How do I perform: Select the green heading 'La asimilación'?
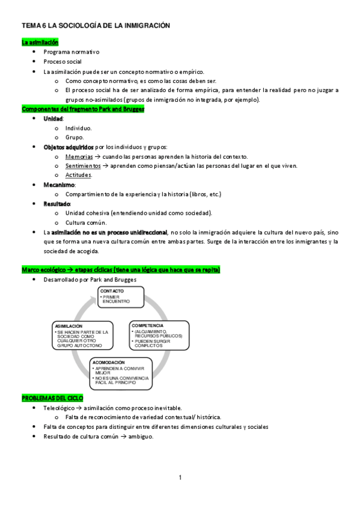click(40, 43)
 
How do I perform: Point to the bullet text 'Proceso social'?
click(63, 62)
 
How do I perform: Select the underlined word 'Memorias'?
click(79, 156)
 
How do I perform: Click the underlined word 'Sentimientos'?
click(84, 165)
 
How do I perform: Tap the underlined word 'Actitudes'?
click(78, 175)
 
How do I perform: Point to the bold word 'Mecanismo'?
click(59, 185)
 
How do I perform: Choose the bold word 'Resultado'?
click(56, 204)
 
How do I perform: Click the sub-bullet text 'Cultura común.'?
click(86, 223)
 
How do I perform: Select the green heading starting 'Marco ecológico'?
click(121, 270)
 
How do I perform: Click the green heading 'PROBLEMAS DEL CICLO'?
click(52, 399)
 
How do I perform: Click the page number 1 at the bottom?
click(180, 478)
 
